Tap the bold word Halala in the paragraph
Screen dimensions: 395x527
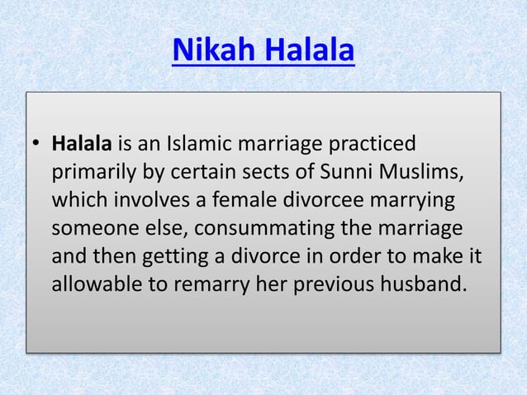81,145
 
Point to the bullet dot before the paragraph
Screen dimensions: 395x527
36,145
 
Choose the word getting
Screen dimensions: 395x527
174,257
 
